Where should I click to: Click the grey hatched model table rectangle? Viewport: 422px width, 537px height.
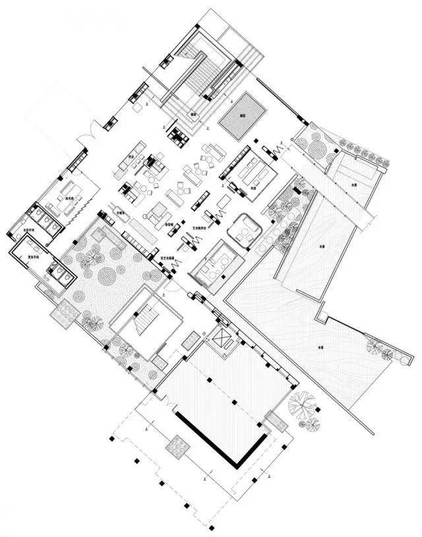[242, 113]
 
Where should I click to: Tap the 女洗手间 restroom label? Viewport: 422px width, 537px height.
[31, 230]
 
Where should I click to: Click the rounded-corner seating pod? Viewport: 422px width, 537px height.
[244, 230]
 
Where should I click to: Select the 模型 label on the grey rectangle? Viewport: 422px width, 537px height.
[242, 115]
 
